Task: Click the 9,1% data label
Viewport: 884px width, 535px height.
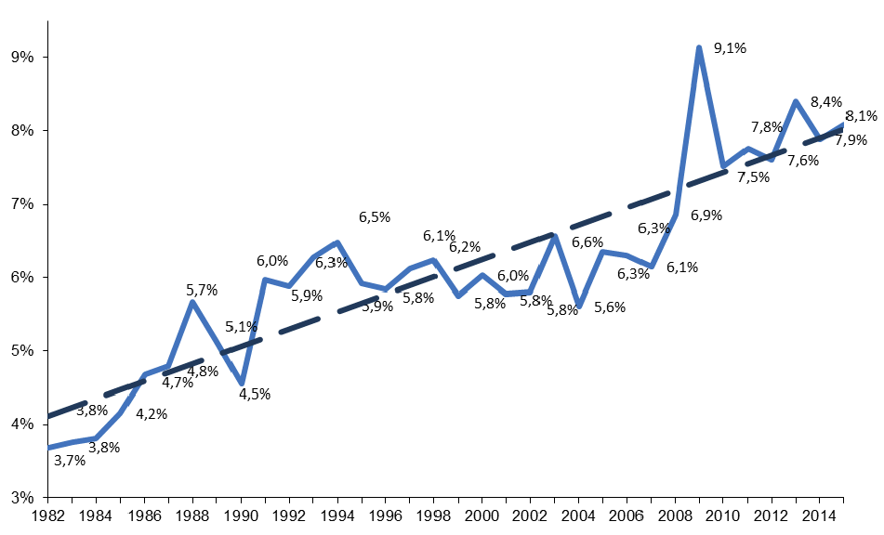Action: [x=730, y=48]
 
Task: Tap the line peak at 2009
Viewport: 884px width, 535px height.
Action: [x=699, y=48]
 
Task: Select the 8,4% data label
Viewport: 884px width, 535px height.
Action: [x=826, y=102]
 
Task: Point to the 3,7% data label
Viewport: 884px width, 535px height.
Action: [x=70, y=459]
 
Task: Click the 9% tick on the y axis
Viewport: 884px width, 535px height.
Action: [x=21, y=57]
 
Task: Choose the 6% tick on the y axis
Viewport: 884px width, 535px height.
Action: [x=21, y=277]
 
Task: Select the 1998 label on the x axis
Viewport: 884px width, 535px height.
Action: [x=434, y=515]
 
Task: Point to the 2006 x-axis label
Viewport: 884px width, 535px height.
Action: [x=627, y=515]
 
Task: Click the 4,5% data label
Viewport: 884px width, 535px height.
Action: [x=254, y=394]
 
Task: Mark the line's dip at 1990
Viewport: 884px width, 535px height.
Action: [x=242, y=383]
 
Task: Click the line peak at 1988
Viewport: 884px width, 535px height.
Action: [x=192, y=302]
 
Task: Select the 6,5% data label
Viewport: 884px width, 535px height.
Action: [x=374, y=217]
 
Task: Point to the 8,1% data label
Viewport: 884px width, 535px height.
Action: [x=862, y=116]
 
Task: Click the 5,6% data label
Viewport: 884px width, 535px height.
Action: [x=609, y=307]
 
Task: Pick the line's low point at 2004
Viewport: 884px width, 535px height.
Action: [x=578, y=306]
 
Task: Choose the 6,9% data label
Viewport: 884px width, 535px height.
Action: [x=706, y=215]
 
